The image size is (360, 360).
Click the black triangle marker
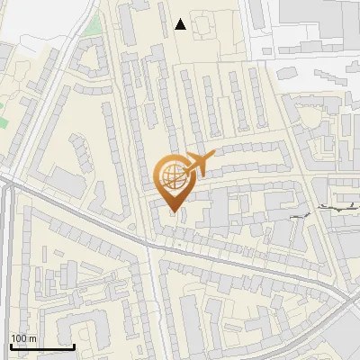click(181, 25)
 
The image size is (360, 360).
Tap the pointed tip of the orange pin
click(173, 212)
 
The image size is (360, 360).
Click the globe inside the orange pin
click(173, 175)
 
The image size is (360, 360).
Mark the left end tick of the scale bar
click(11, 346)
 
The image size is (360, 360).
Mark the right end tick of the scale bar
click(75, 346)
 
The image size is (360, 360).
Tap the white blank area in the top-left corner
click(27, 18)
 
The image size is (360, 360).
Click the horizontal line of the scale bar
click(42, 347)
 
